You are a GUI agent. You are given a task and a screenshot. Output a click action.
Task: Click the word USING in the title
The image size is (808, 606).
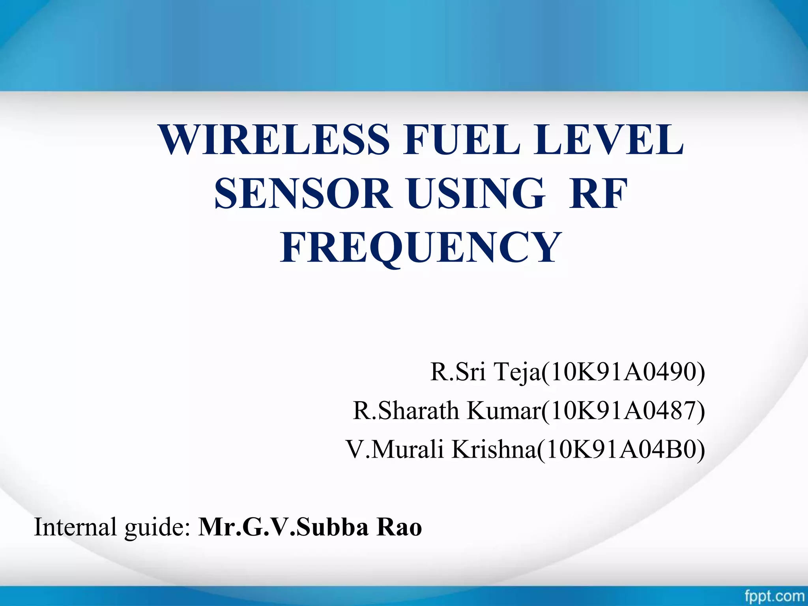[477, 194]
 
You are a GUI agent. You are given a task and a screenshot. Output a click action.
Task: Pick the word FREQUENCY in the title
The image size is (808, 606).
[421, 248]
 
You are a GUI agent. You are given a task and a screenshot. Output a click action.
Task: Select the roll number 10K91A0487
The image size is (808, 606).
[623, 411]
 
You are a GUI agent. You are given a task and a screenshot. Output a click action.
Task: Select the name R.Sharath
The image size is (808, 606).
[406, 411]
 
